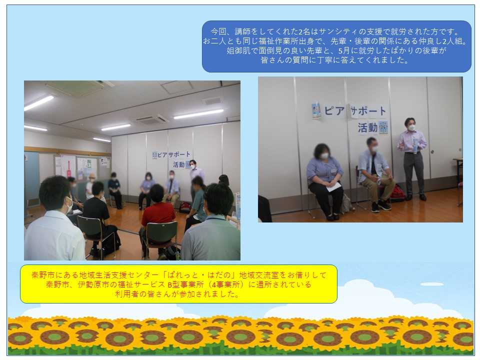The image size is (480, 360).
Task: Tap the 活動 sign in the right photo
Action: click(x=367, y=127)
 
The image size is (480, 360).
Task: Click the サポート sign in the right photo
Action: click(x=368, y=111)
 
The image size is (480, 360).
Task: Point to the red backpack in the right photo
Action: click(x=396, y=193)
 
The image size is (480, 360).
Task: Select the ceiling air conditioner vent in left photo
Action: click(x=152, y=119)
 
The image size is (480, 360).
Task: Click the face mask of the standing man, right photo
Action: click(x=411, y=126)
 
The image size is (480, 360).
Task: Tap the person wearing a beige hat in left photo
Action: click(x=90, y=186)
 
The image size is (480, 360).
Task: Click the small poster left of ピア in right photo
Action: click(x=315, y=111)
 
